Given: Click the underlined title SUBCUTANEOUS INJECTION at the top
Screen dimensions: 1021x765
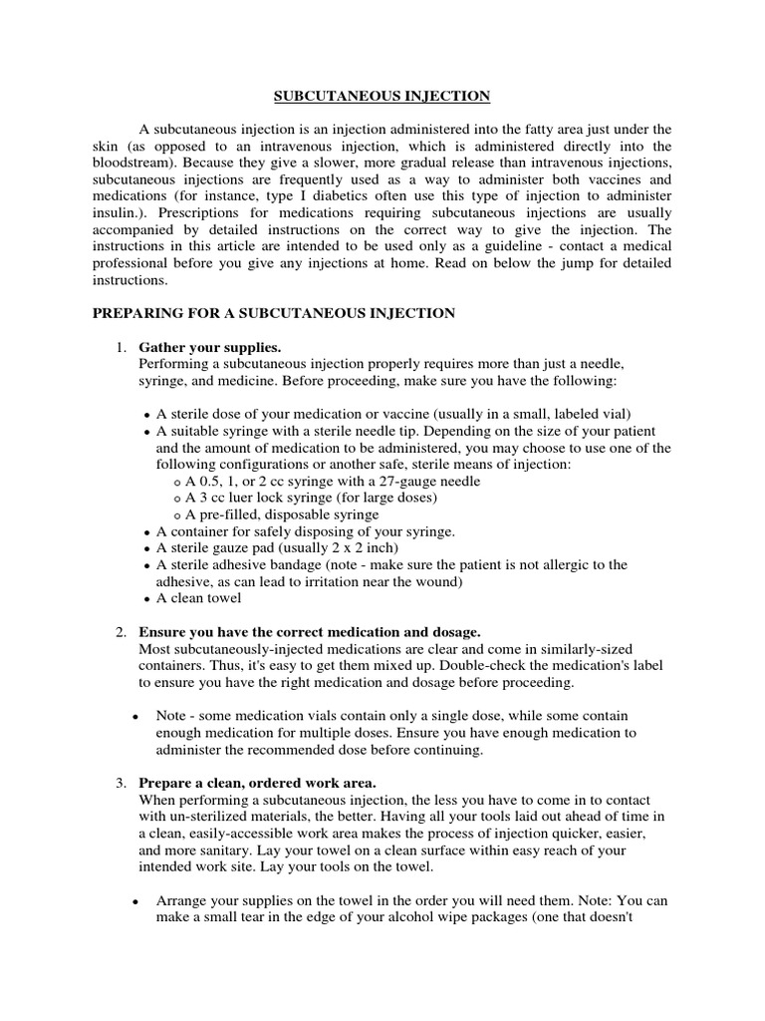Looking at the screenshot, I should (x=382, y=97).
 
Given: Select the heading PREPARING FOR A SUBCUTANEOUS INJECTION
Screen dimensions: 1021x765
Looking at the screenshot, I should (x=274, y=313).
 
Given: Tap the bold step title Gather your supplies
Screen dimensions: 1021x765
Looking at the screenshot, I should (x=210, y=347).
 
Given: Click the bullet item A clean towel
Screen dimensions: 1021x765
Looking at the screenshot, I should (x=199, y=598).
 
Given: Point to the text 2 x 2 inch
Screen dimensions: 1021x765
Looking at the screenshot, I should (x=351, y=548).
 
